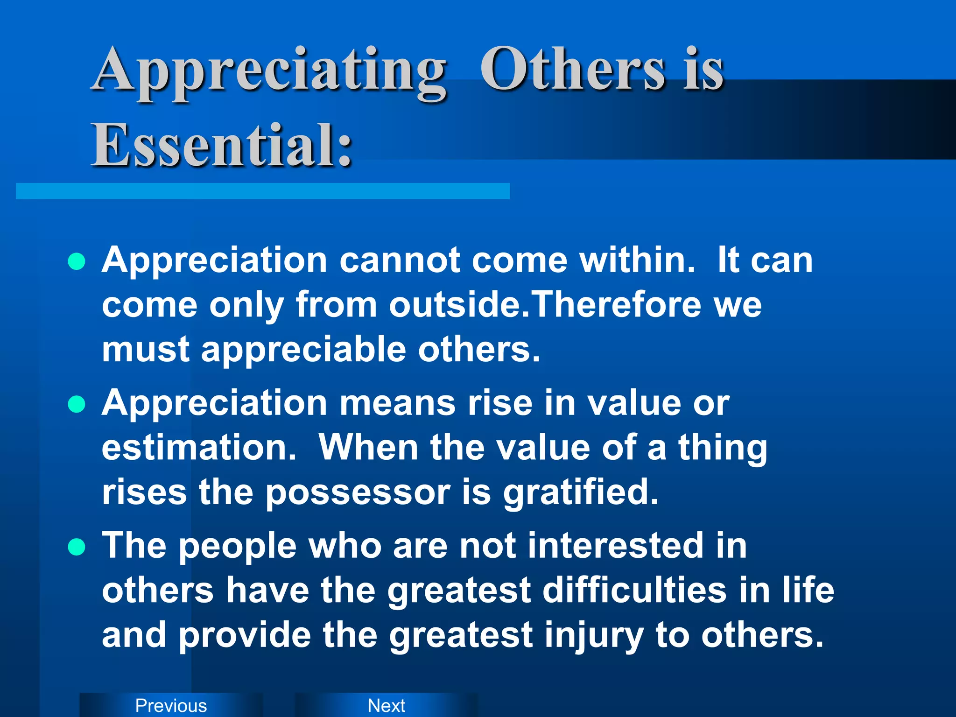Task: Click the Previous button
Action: (x=171, y=705)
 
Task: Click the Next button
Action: (x=386, y=705)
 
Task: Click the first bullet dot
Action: (x=77, y=262)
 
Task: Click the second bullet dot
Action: (x=77, y=404)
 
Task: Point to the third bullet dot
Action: (x=77, y=547)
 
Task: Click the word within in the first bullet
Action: (x=637, y=260)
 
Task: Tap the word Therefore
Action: (x=617, y=304)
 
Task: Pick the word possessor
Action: (x=358, y=493)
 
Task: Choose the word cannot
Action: (x=400, y=260)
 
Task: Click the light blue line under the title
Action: (x=262, y=191)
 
